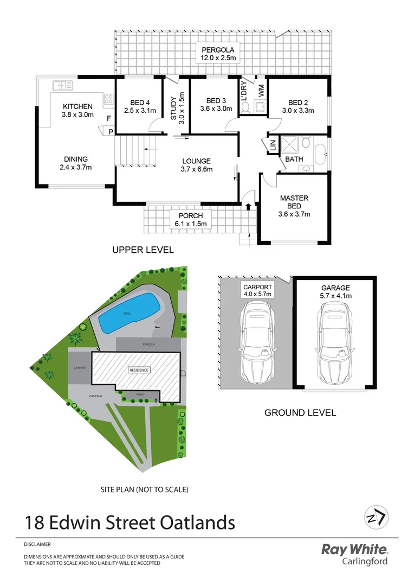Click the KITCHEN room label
(x=77, y=106)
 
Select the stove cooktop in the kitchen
(x=108, y=99)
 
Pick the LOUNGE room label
(x=197, y=161)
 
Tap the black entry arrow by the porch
(x=249, y=207)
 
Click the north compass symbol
(x=375, y=518)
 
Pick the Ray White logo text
(x=355, y=550)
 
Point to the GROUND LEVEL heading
(x=300, y=413)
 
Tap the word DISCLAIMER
(x=37, y=544)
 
